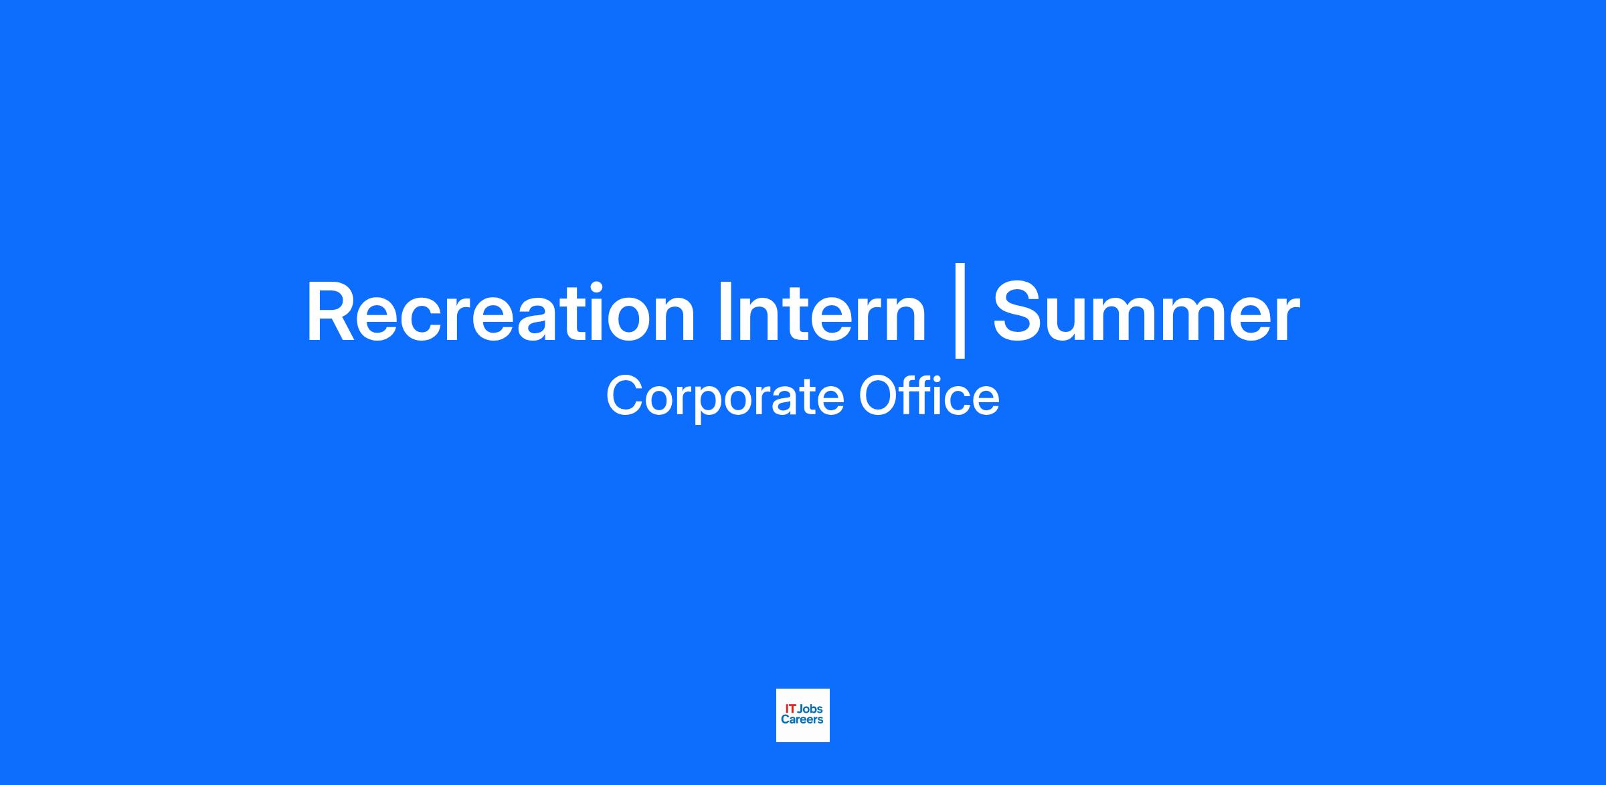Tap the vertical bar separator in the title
coord(960,311)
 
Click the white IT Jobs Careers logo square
coord(803,715)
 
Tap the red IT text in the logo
coord(790,709)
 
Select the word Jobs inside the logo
coord(810,709)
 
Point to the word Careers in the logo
coord(802,719)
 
